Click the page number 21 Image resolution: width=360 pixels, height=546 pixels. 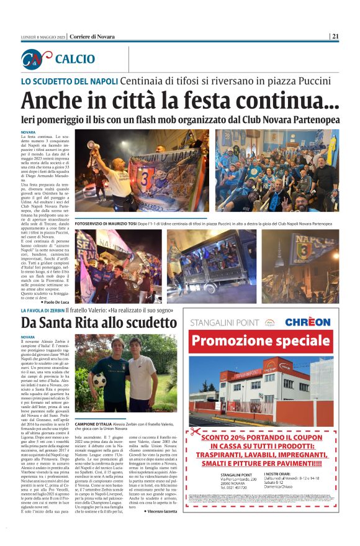pos(335,36)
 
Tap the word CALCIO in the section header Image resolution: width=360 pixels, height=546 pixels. pos(75,59)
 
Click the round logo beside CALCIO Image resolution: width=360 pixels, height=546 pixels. pos(35,59)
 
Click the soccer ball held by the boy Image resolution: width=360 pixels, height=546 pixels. pos(99,379)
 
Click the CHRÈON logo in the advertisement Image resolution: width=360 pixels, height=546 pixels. pos(307,322)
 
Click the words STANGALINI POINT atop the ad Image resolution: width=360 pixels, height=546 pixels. pos(227,322)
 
